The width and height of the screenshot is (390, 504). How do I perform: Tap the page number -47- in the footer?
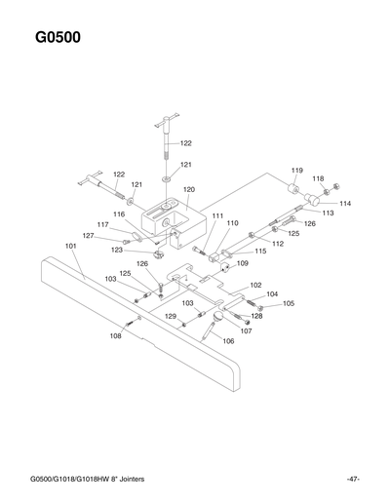pyautogui.click(x=352, y=479)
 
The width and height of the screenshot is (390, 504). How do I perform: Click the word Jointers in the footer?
pyautogui.click(x=144, y=479)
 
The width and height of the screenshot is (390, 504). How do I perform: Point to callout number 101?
pyautogui.click(x=71, y=247)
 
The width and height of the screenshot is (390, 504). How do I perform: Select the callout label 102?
pyautogui.click(x=255, y=285)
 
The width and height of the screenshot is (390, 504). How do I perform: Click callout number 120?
pyautogui.click(x=188, y=189)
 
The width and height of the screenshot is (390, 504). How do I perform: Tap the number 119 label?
pyautogui.click(x=296, y=170)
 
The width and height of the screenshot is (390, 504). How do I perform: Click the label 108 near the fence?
pyautogui.click(x=115, y=335)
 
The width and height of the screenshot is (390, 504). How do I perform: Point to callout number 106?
pyautogui.click(x=228, y=341)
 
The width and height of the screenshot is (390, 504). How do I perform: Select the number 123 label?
pyautogui.click(x=143, y=251)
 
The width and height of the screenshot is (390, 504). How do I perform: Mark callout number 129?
pyautogui.click(x=169, y=317)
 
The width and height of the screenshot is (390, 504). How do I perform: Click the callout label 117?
pyautogui.click(x=102, y=224)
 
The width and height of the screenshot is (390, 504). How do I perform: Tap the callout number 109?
pyautogui.click(x=242, y=263)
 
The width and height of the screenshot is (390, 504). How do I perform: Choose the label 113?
pyautogui.click(x=328, y=213)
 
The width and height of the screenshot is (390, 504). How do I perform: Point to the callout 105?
pyautogui.click(x=289, y=304)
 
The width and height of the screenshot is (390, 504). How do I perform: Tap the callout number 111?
pyautogui.click(x=217, y=215)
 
